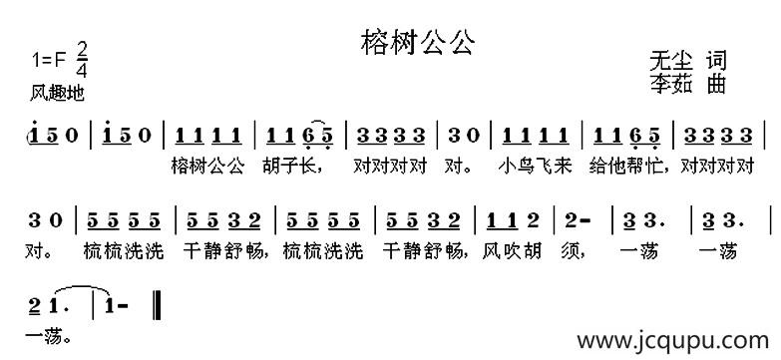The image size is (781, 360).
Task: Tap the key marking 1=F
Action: pyautogui.click(x=48, y=62)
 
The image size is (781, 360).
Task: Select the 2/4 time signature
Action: pyautogui.click(x=82, y=60)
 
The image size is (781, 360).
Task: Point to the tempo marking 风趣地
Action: pyautogui.click(x=57, y=94)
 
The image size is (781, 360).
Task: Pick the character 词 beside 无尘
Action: pyautogui.click(x=715, y=62)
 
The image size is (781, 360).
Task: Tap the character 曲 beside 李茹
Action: pyautogui.click(x=715, y=84)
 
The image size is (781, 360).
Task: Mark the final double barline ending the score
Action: pyautogui.click(x=156, y=303)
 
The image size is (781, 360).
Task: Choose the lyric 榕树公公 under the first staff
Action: pyautogui.click(x=207, y=165)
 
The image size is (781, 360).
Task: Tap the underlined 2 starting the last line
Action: pyautogui.click(x=37, y=304)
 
